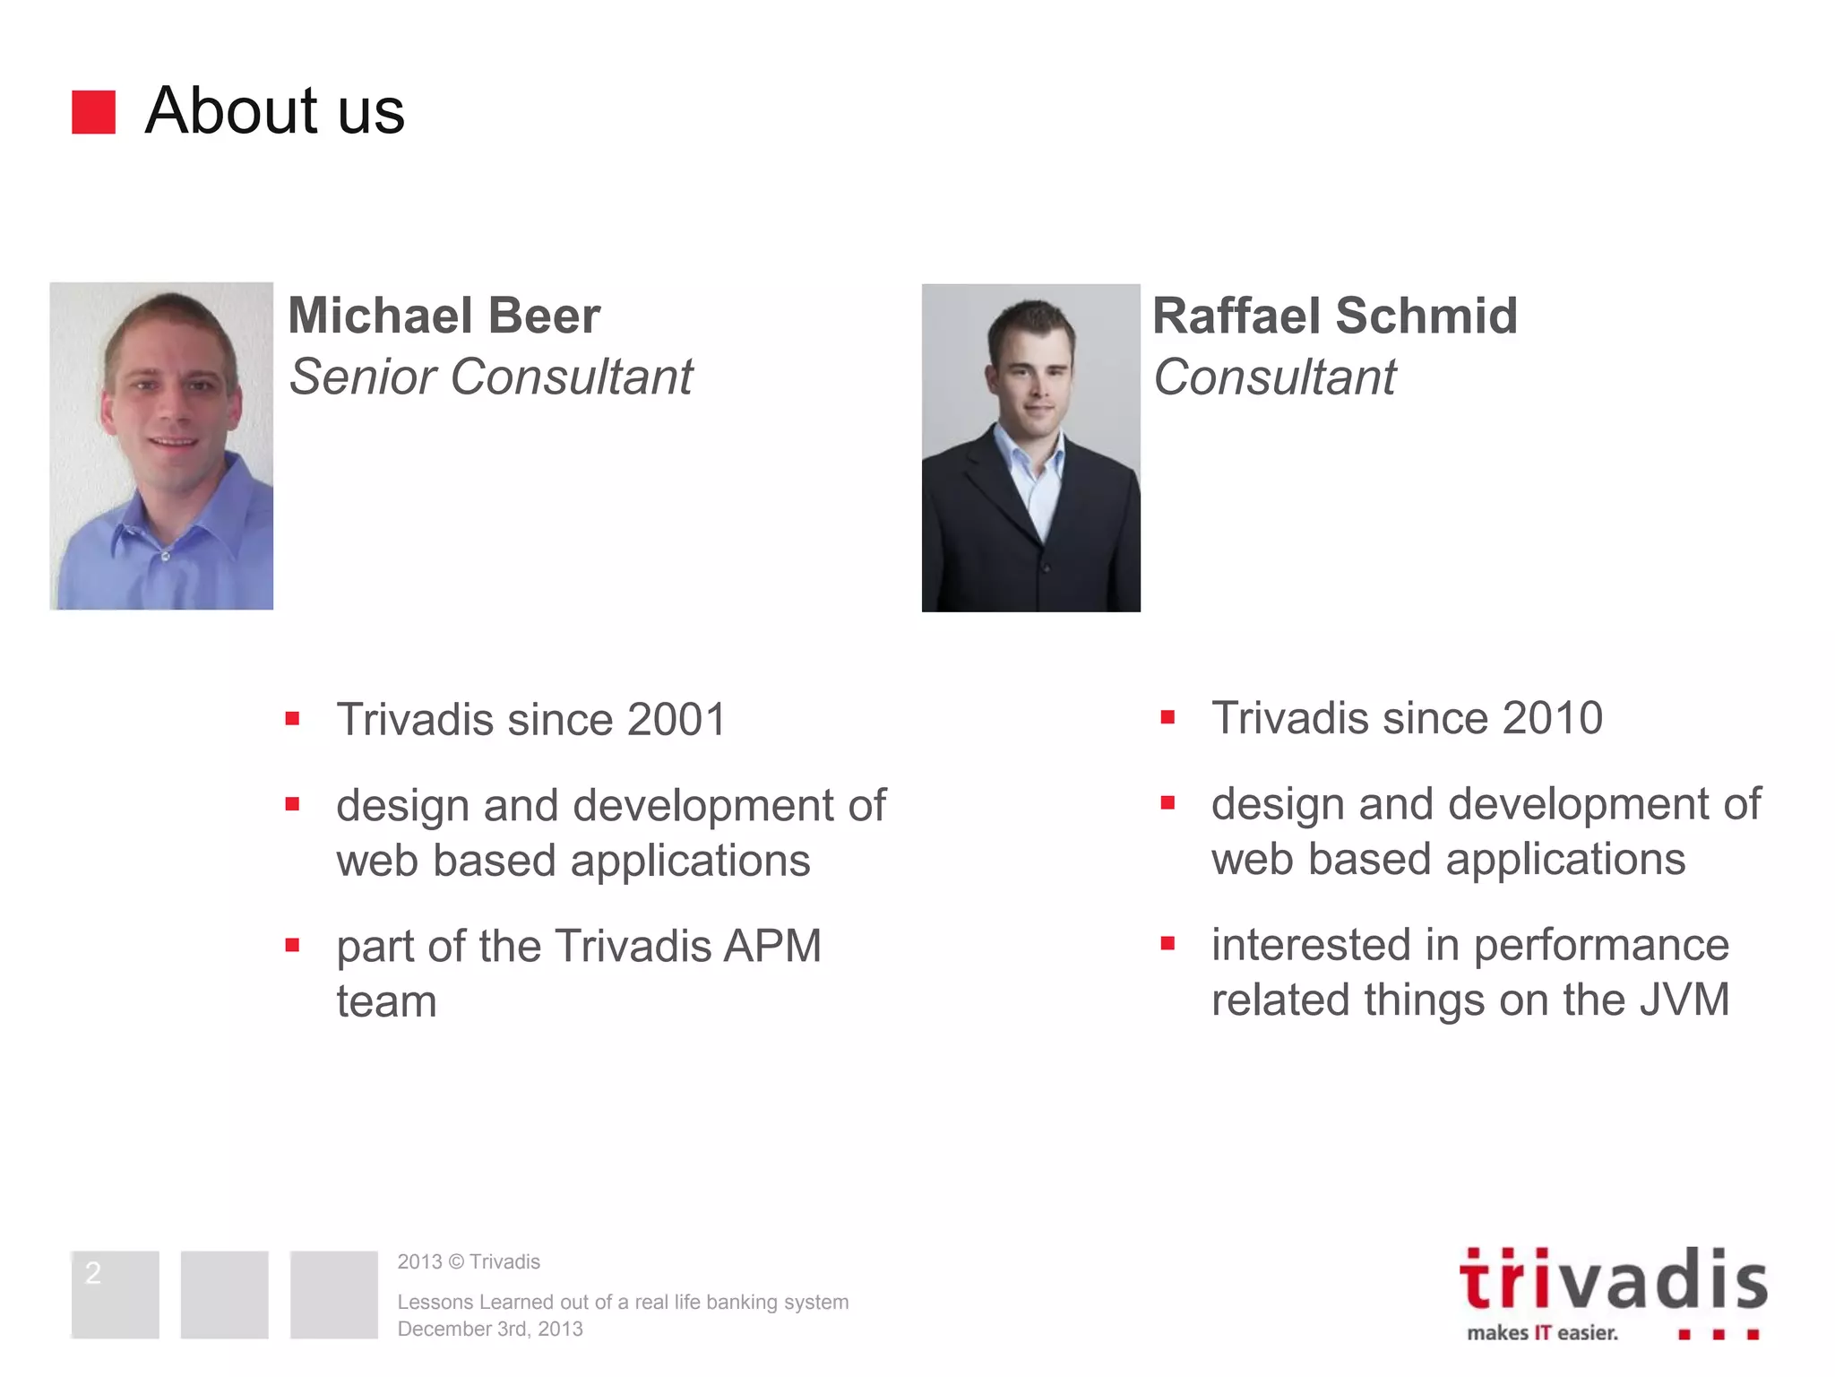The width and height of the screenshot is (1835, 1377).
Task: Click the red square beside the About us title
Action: click(93, 112)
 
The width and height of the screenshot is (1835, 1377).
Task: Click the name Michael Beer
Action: click(444, 316)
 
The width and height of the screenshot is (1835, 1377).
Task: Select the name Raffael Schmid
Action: click(1334, 316)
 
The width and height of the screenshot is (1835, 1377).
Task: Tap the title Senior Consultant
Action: click(490, 377)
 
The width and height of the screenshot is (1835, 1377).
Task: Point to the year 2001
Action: click(676, 720)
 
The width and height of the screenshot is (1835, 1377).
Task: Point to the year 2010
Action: click(1552, 718)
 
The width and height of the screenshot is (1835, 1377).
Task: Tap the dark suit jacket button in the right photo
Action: click(1047, 567)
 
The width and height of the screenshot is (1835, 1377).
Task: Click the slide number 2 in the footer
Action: click(93, 1272)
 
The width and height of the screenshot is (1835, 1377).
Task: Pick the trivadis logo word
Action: click(1612, 1281)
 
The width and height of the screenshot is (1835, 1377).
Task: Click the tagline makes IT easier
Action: click(1542, 1333)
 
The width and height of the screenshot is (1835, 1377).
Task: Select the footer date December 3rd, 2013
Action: click(490, 1329)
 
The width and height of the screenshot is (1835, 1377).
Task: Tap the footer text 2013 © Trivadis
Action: click(469, 1262)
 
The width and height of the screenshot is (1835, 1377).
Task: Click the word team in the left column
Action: click(386, 1001)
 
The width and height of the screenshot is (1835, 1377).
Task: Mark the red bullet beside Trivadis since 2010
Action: click(1167, 717)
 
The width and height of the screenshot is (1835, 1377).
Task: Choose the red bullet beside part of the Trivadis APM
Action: click(292, 945)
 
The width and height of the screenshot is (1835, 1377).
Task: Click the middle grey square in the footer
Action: click(224, 1295)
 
